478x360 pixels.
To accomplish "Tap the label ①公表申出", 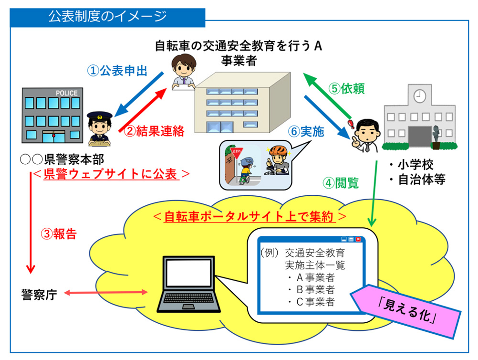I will (x=117, y=71).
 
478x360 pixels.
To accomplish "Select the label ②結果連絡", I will (x=154, y=131).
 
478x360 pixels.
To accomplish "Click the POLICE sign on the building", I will (x=66, y=93).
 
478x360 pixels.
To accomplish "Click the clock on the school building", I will (x=419, y=95).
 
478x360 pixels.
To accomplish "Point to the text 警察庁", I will (x=39, y=294).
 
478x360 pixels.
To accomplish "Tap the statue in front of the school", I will (x=436, y=133).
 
